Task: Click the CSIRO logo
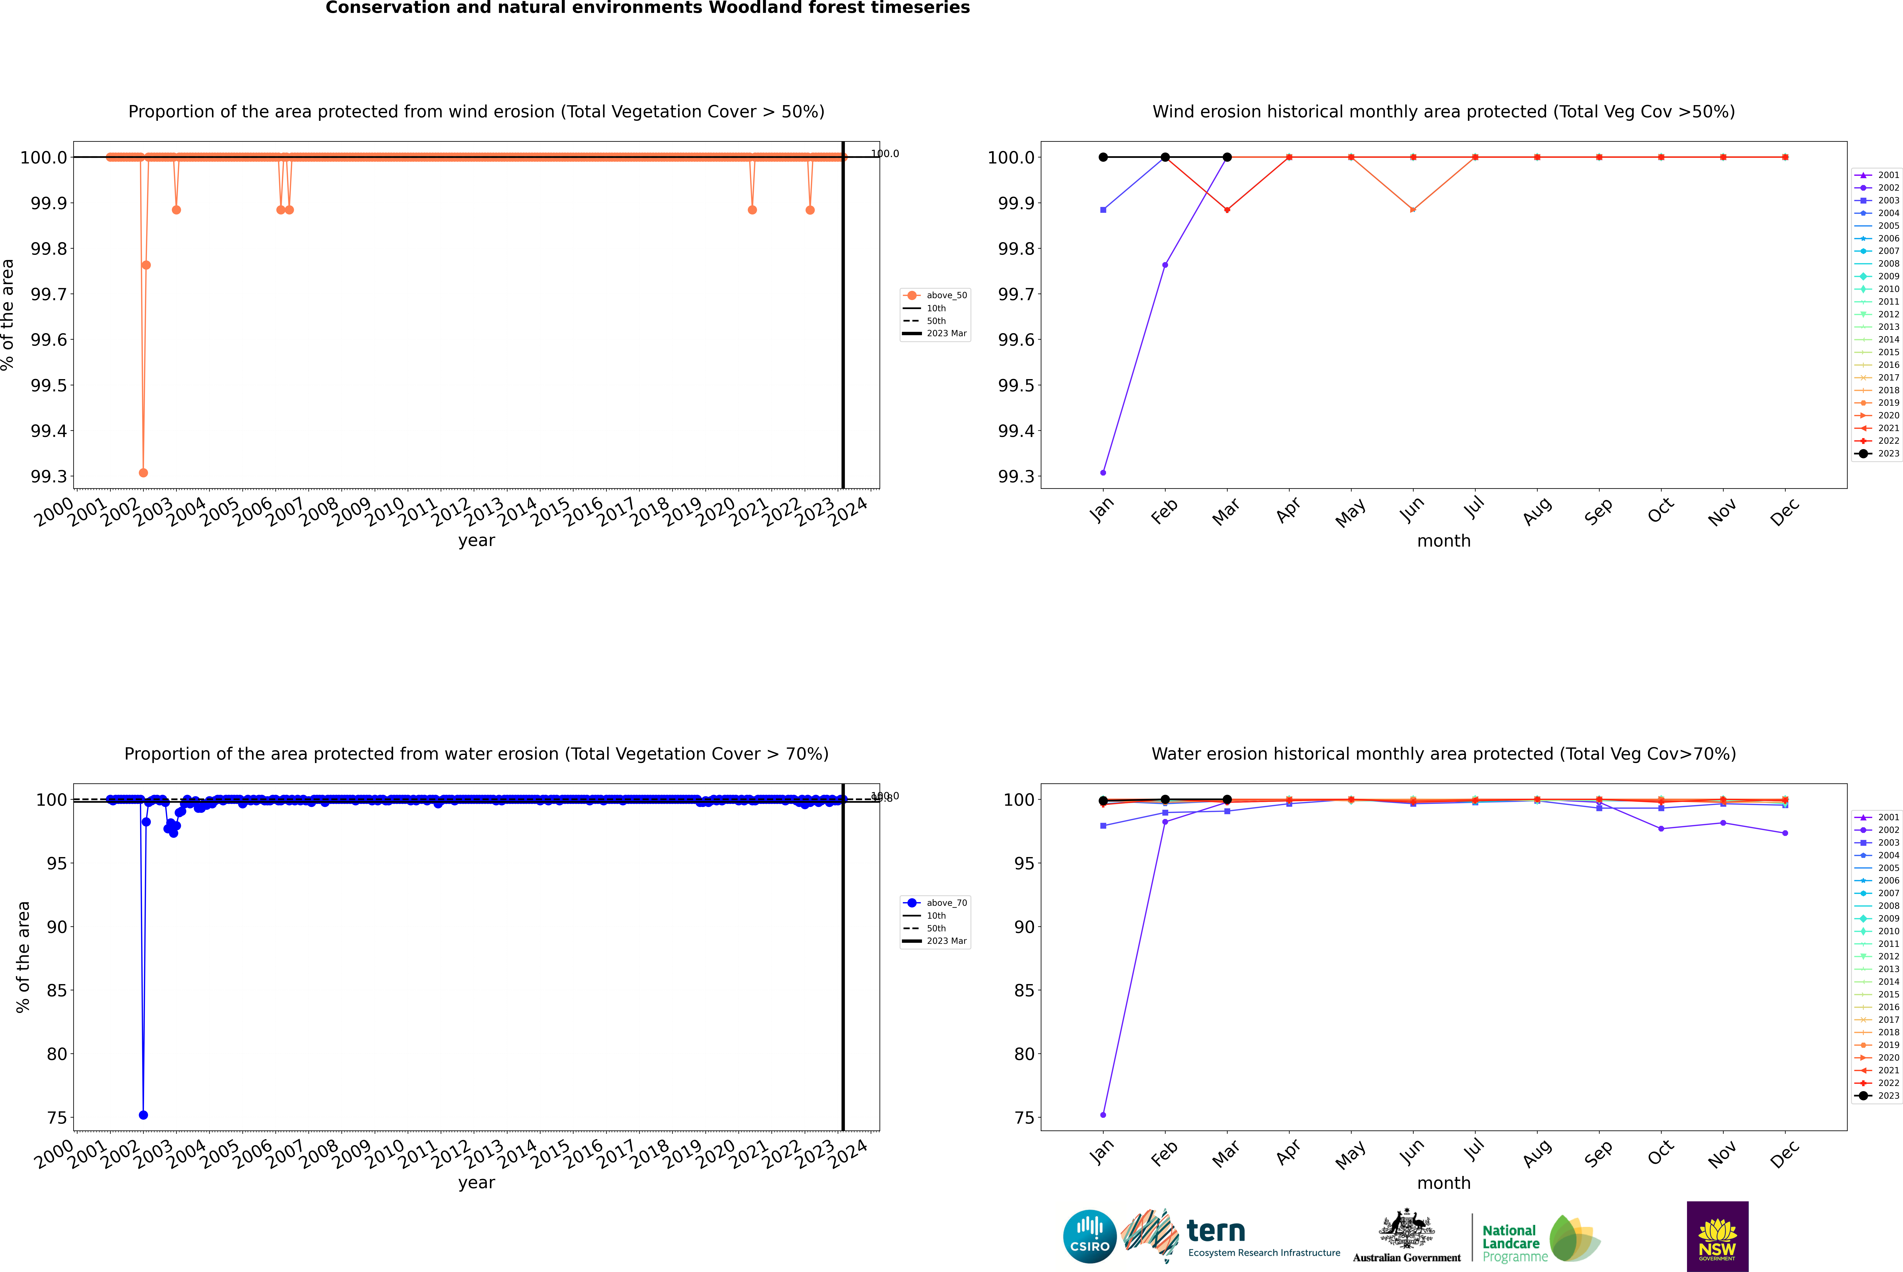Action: click(1089, 1236)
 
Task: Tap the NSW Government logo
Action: click(1717, 1236)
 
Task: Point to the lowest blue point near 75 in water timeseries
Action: click(144, 1115)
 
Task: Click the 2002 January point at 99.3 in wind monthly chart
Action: click(1103, 472)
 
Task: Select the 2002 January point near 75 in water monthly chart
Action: click(1103, 1115)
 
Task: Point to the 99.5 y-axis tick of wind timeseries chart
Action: click(49, 385)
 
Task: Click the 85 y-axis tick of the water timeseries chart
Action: click(57, 991)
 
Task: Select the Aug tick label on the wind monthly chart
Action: click(1537, 511)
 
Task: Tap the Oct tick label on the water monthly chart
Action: click(1660, 1153)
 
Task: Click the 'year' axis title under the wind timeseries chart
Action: click(476, 540)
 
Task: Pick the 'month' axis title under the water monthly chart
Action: click(1444, 1183)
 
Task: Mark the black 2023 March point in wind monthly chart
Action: click(1227, 157)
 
